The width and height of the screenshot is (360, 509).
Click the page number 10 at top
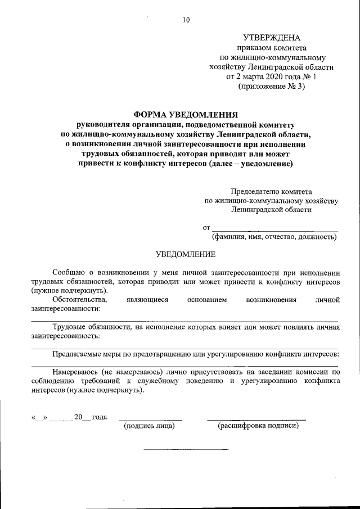186,20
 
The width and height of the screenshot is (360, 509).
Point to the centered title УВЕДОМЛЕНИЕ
185,254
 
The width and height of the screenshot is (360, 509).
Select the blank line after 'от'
275,230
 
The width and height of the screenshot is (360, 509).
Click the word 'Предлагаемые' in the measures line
78,354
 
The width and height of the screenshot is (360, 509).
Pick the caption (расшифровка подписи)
258,426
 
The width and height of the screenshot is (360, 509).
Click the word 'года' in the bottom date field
100,417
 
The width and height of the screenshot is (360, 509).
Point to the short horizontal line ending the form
186,449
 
